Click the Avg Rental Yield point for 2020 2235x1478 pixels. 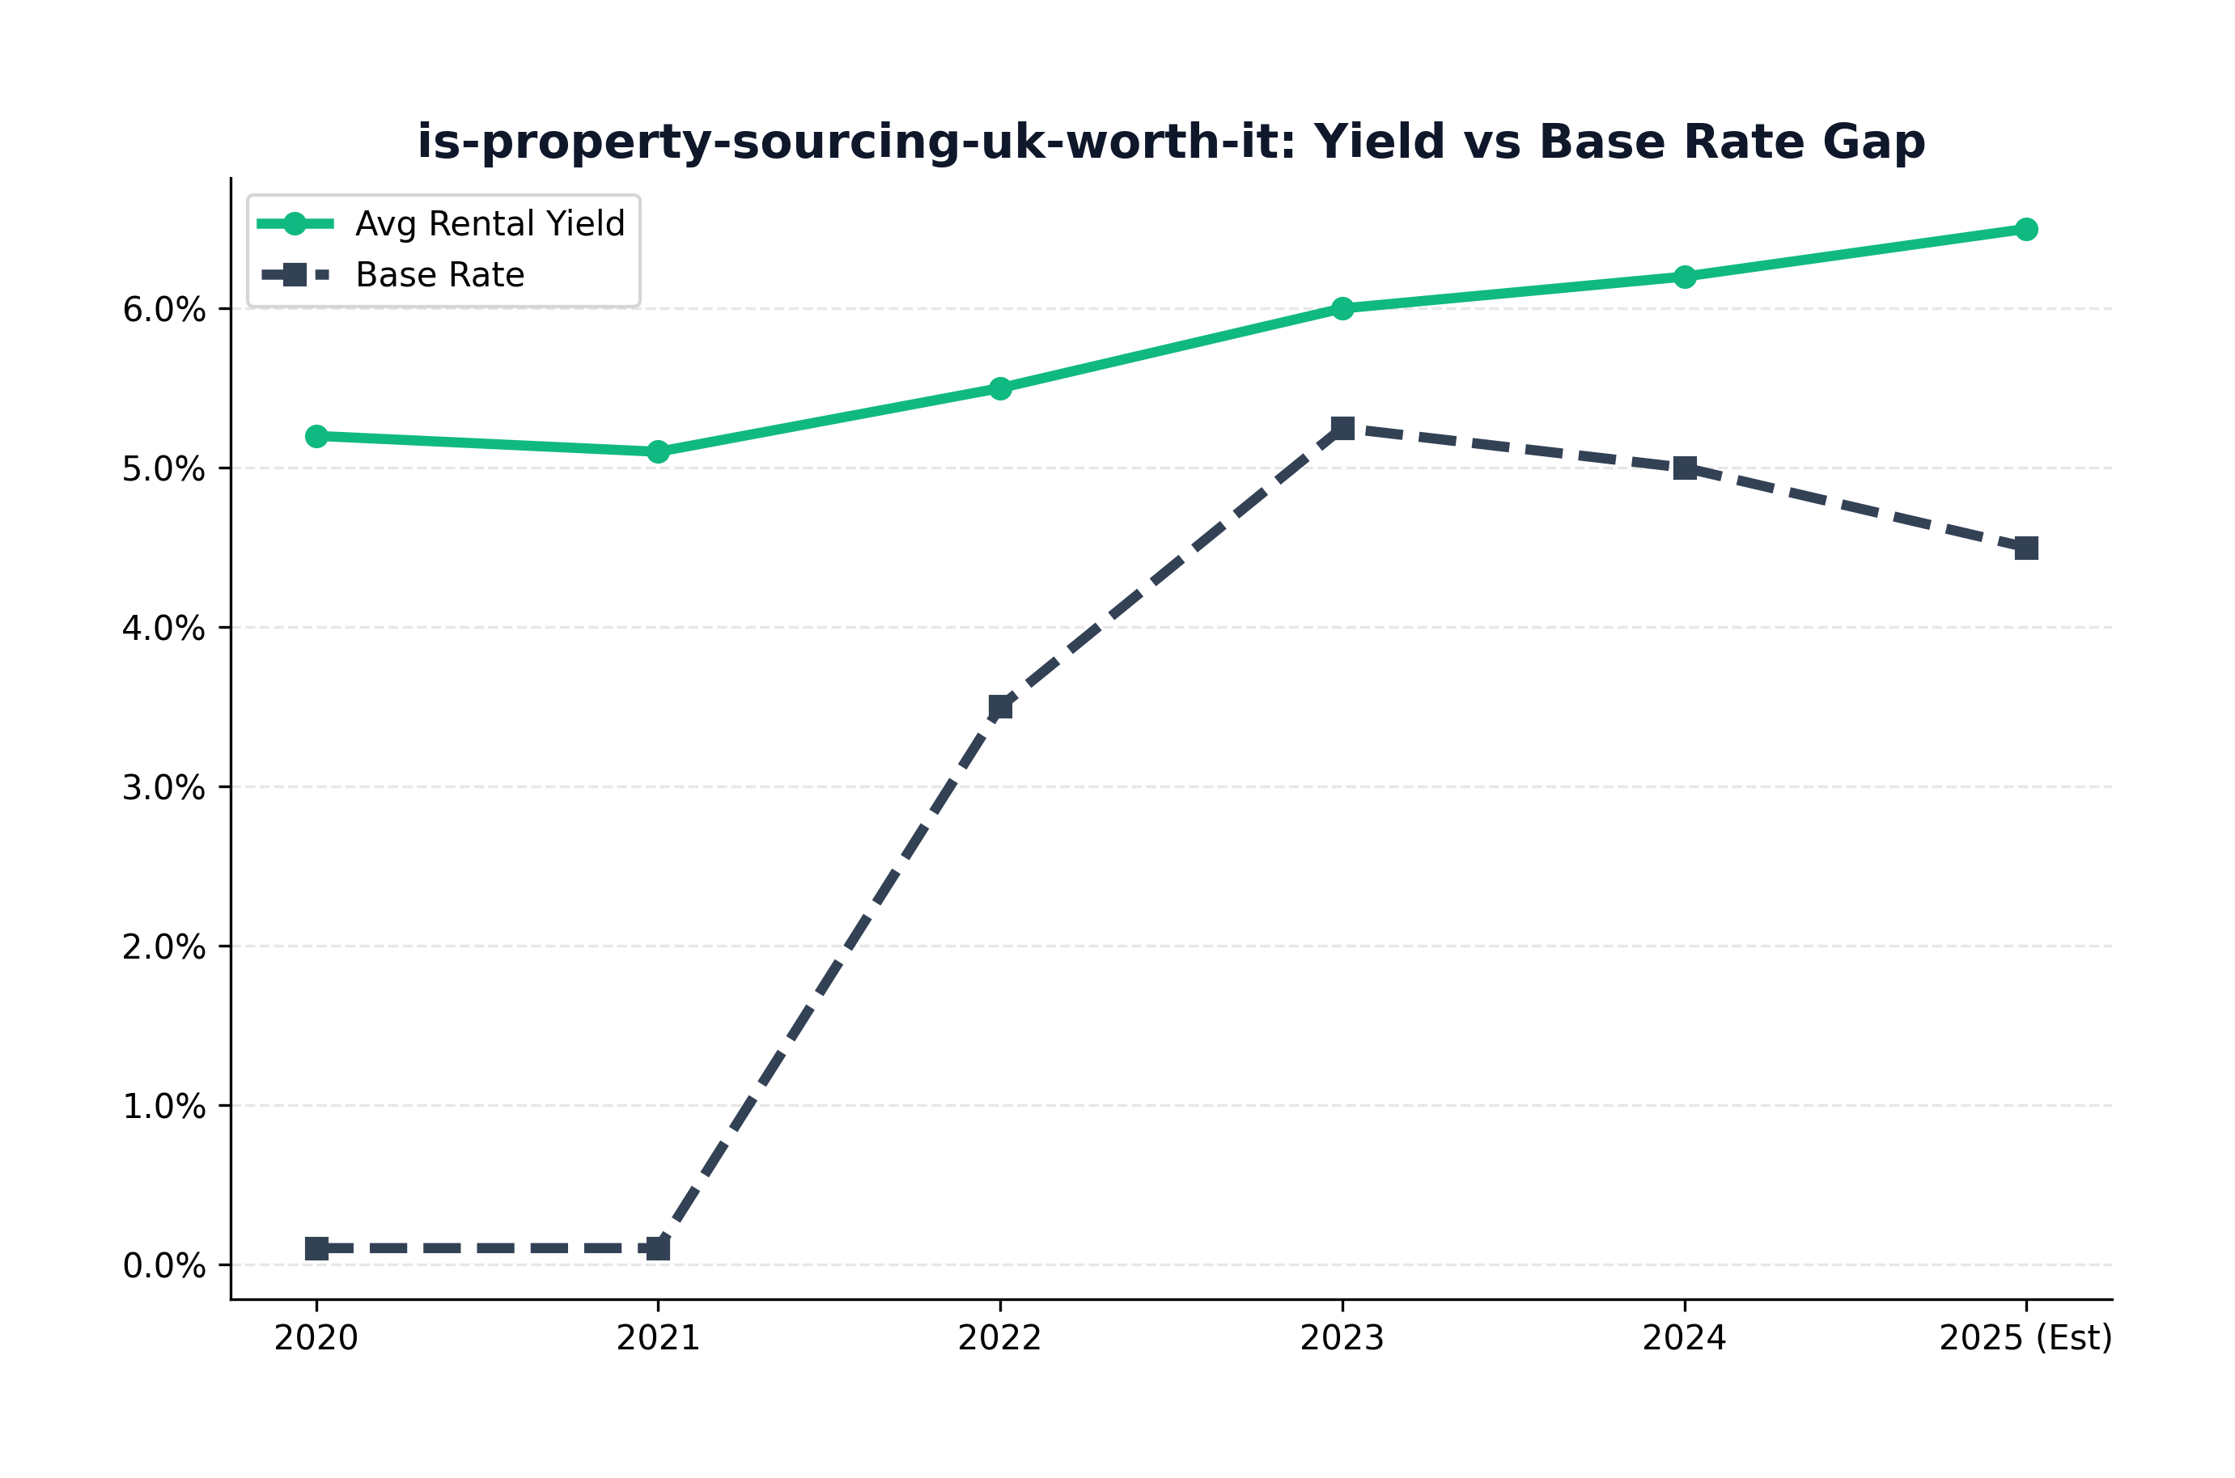click(x=316, y=436)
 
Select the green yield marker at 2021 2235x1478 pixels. click(x=658, y=452)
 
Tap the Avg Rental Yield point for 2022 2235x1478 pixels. click(x=1000, y=388)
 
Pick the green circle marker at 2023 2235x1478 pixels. click(x=1342, y=308)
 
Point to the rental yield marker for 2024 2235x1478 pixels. click(x=1685, y=277)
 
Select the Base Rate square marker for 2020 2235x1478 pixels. click(x=316, y=1249)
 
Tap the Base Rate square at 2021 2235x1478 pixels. click(x=658, y=1249)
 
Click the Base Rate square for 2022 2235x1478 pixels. click(x=1000, y=707)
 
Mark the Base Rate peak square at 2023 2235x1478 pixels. click(x=1342, y=429)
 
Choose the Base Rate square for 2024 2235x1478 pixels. click(x=1685, y=468)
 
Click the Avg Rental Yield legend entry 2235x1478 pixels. click(x=441, y=224)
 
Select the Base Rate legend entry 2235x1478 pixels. click(x=392, y=275)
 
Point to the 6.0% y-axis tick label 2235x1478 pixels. click(x=164, y=309)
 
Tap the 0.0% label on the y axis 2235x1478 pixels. click(x=164, y=1266)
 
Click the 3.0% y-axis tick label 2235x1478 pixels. click(x=164, y=788)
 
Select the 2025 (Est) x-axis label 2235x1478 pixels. click(x=2025, y=1339)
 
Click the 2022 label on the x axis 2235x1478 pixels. click(x=1000, y=1339)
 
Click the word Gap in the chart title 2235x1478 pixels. click(x=1874, y=143)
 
